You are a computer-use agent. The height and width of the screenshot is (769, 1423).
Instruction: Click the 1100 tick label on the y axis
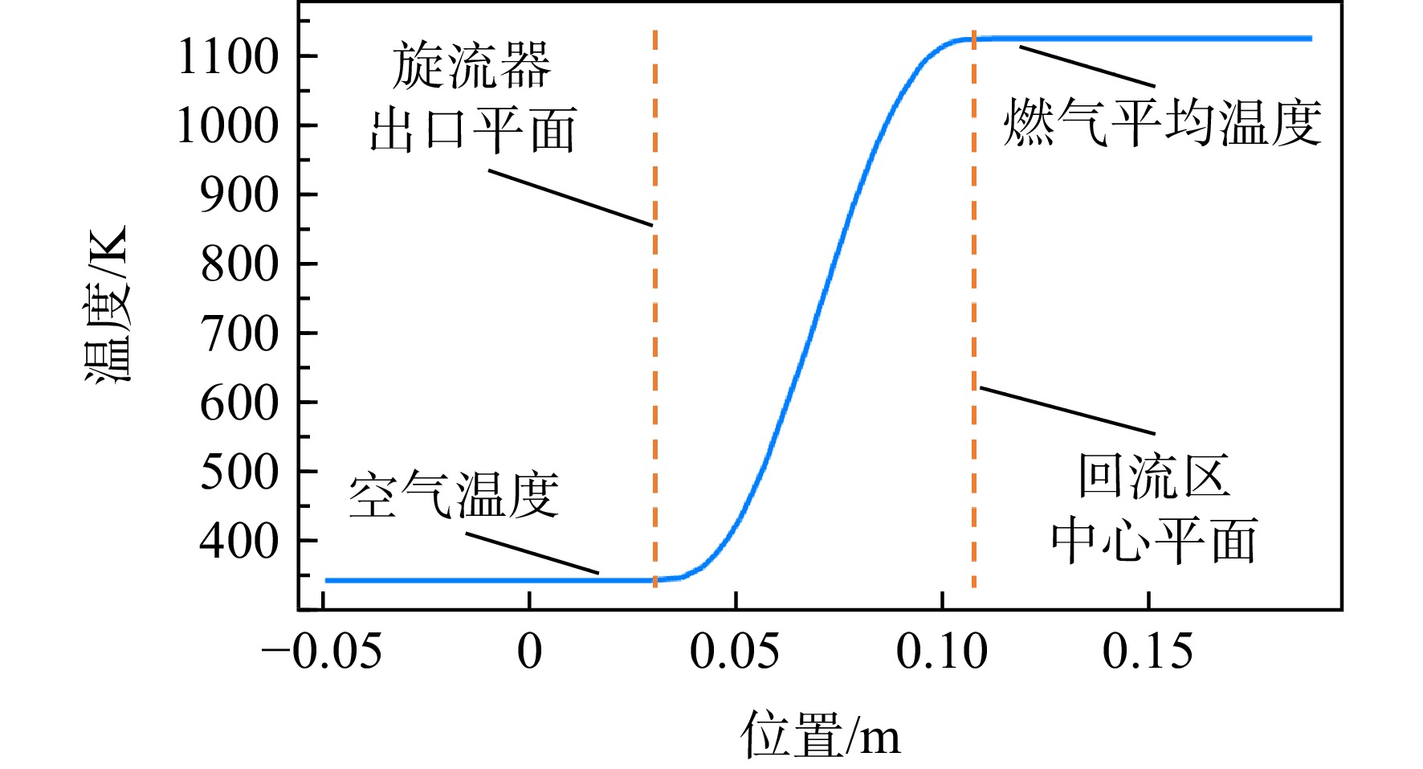click(228, 57)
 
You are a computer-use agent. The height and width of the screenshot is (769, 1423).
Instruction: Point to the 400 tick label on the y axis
click(239, 541)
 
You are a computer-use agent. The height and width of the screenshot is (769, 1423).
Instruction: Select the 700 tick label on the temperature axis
click(239, 333)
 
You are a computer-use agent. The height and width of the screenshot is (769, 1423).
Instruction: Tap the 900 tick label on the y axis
click(239, 195)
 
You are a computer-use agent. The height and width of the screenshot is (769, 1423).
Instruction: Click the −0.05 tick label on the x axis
click(321, 652)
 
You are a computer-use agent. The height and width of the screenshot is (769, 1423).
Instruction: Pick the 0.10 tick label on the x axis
click(942, 652)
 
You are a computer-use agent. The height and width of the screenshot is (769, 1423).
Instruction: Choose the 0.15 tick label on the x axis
click(1148, 652)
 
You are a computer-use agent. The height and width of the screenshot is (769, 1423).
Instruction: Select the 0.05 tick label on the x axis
click(735, 652)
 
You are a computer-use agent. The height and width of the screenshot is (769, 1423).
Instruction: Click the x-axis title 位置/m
click(821, 734)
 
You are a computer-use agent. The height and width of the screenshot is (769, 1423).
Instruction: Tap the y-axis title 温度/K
click(107, 305)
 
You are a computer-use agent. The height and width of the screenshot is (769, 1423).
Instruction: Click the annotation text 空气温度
click(454, 495)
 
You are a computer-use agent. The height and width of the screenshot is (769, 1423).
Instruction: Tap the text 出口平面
click(473, 130)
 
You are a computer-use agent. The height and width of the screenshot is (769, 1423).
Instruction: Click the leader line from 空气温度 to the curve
click(532, 554)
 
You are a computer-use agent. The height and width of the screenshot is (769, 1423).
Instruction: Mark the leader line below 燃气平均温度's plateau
click(1087, 67)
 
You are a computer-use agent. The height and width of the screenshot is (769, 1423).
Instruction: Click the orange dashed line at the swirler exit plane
click(655, 309)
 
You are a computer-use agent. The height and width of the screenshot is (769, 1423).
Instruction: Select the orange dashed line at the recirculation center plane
click(974, 309)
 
